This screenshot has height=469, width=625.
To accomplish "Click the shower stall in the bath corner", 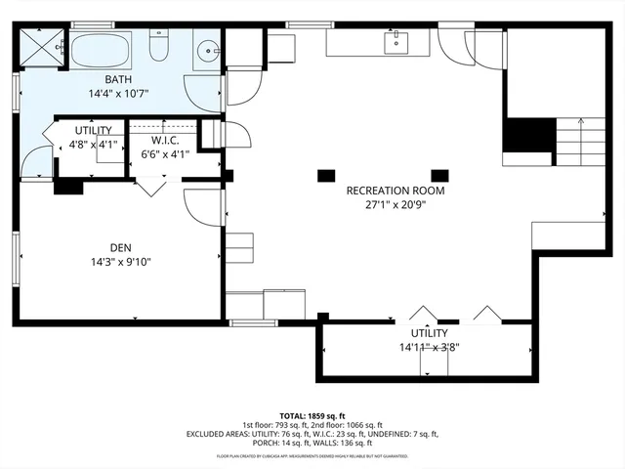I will point(42,47).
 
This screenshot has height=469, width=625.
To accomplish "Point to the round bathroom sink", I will point(207,51).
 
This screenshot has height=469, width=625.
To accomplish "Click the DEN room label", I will point(121,247).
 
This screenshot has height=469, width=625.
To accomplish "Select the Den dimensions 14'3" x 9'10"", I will point(121,261).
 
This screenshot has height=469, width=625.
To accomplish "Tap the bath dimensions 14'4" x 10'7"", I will point(121,95).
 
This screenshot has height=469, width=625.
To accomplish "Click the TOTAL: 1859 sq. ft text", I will point(312,415).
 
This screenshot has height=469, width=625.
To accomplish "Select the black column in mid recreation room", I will point(324,177).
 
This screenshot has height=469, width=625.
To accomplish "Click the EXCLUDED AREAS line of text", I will point(312,434).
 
